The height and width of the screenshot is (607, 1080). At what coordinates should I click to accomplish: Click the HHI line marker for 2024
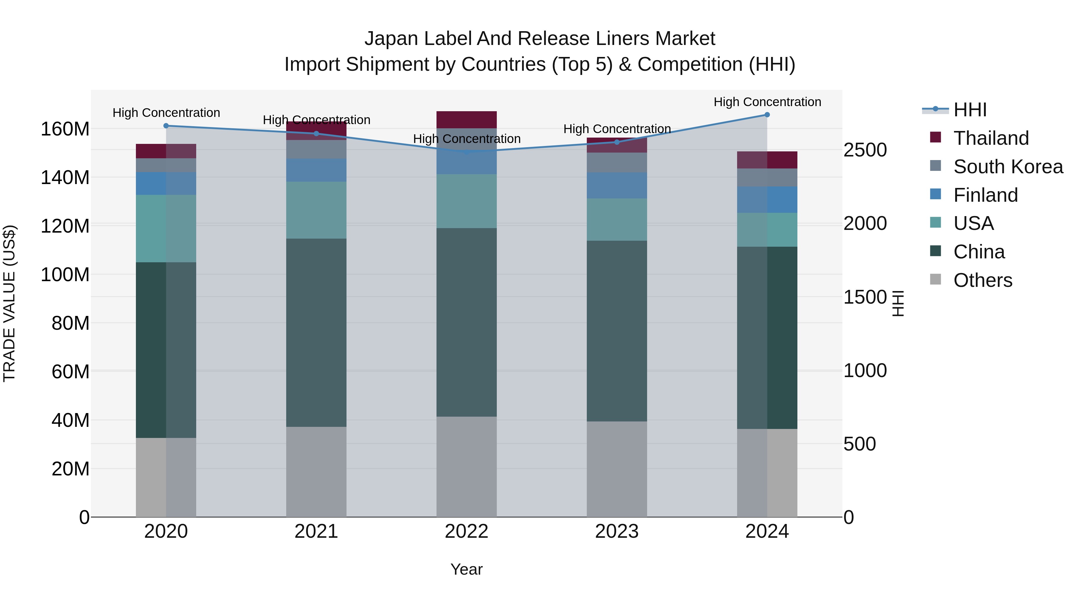767,115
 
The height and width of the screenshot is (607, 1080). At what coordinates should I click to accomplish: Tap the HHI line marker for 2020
166,126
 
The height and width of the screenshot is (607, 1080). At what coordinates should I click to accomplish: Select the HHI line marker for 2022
466,152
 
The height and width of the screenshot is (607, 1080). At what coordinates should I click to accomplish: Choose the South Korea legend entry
1008,167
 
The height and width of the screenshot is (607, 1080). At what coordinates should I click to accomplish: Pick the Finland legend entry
985,195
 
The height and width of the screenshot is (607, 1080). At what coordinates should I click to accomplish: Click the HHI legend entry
970,110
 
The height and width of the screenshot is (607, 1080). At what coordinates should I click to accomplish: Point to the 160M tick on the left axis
65,129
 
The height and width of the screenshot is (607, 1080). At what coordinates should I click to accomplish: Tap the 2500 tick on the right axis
865,150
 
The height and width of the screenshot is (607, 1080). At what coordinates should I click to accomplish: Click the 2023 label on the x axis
617,531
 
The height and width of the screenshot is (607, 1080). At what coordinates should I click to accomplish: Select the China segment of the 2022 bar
466,323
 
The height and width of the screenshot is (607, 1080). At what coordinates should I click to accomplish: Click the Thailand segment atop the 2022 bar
466,120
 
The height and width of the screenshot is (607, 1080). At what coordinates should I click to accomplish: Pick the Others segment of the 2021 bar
316,472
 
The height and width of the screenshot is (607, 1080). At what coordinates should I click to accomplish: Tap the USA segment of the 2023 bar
617,219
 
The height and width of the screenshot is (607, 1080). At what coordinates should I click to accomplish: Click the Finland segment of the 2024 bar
767,200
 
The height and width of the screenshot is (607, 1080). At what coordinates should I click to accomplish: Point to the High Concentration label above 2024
767,102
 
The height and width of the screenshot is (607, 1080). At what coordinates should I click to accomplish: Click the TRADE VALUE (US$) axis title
9,303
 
